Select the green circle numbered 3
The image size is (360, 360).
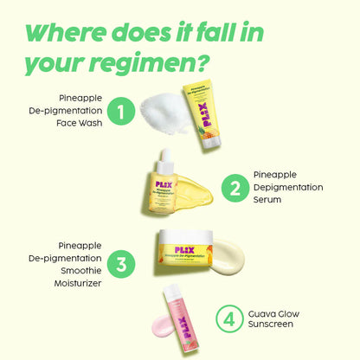pyautogui.click(x=122, y=263)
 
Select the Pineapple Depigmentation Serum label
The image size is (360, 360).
pyautogui.click(x=288, y=186)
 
